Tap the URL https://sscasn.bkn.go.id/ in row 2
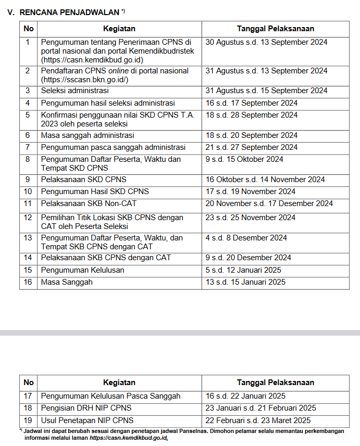(83, 80)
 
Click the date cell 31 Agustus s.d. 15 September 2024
(266, 91)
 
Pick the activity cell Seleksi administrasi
(75, 91)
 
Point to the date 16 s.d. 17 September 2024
(252, 103)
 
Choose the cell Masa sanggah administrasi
(88, 135)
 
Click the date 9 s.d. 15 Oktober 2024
(244, 159)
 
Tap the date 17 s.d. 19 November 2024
(250, 192)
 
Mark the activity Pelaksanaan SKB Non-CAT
(89, 203)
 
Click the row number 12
(28, 218)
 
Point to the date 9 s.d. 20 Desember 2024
(249, 258)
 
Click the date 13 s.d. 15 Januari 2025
(245, 282)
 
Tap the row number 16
(28, 282)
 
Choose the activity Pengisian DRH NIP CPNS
(86, 408)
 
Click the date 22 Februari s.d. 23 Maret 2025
(258, 420)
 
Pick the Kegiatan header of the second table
(119, 383)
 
